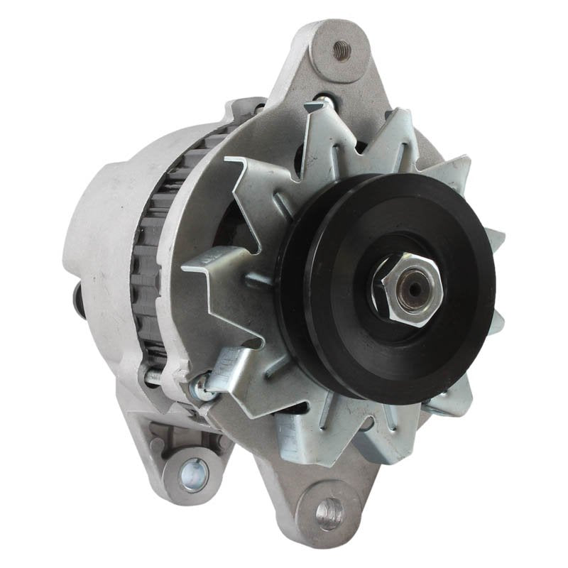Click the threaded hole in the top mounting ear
(342, 50)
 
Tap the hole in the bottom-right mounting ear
(329, 509)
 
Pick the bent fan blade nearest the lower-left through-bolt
(234, 362)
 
